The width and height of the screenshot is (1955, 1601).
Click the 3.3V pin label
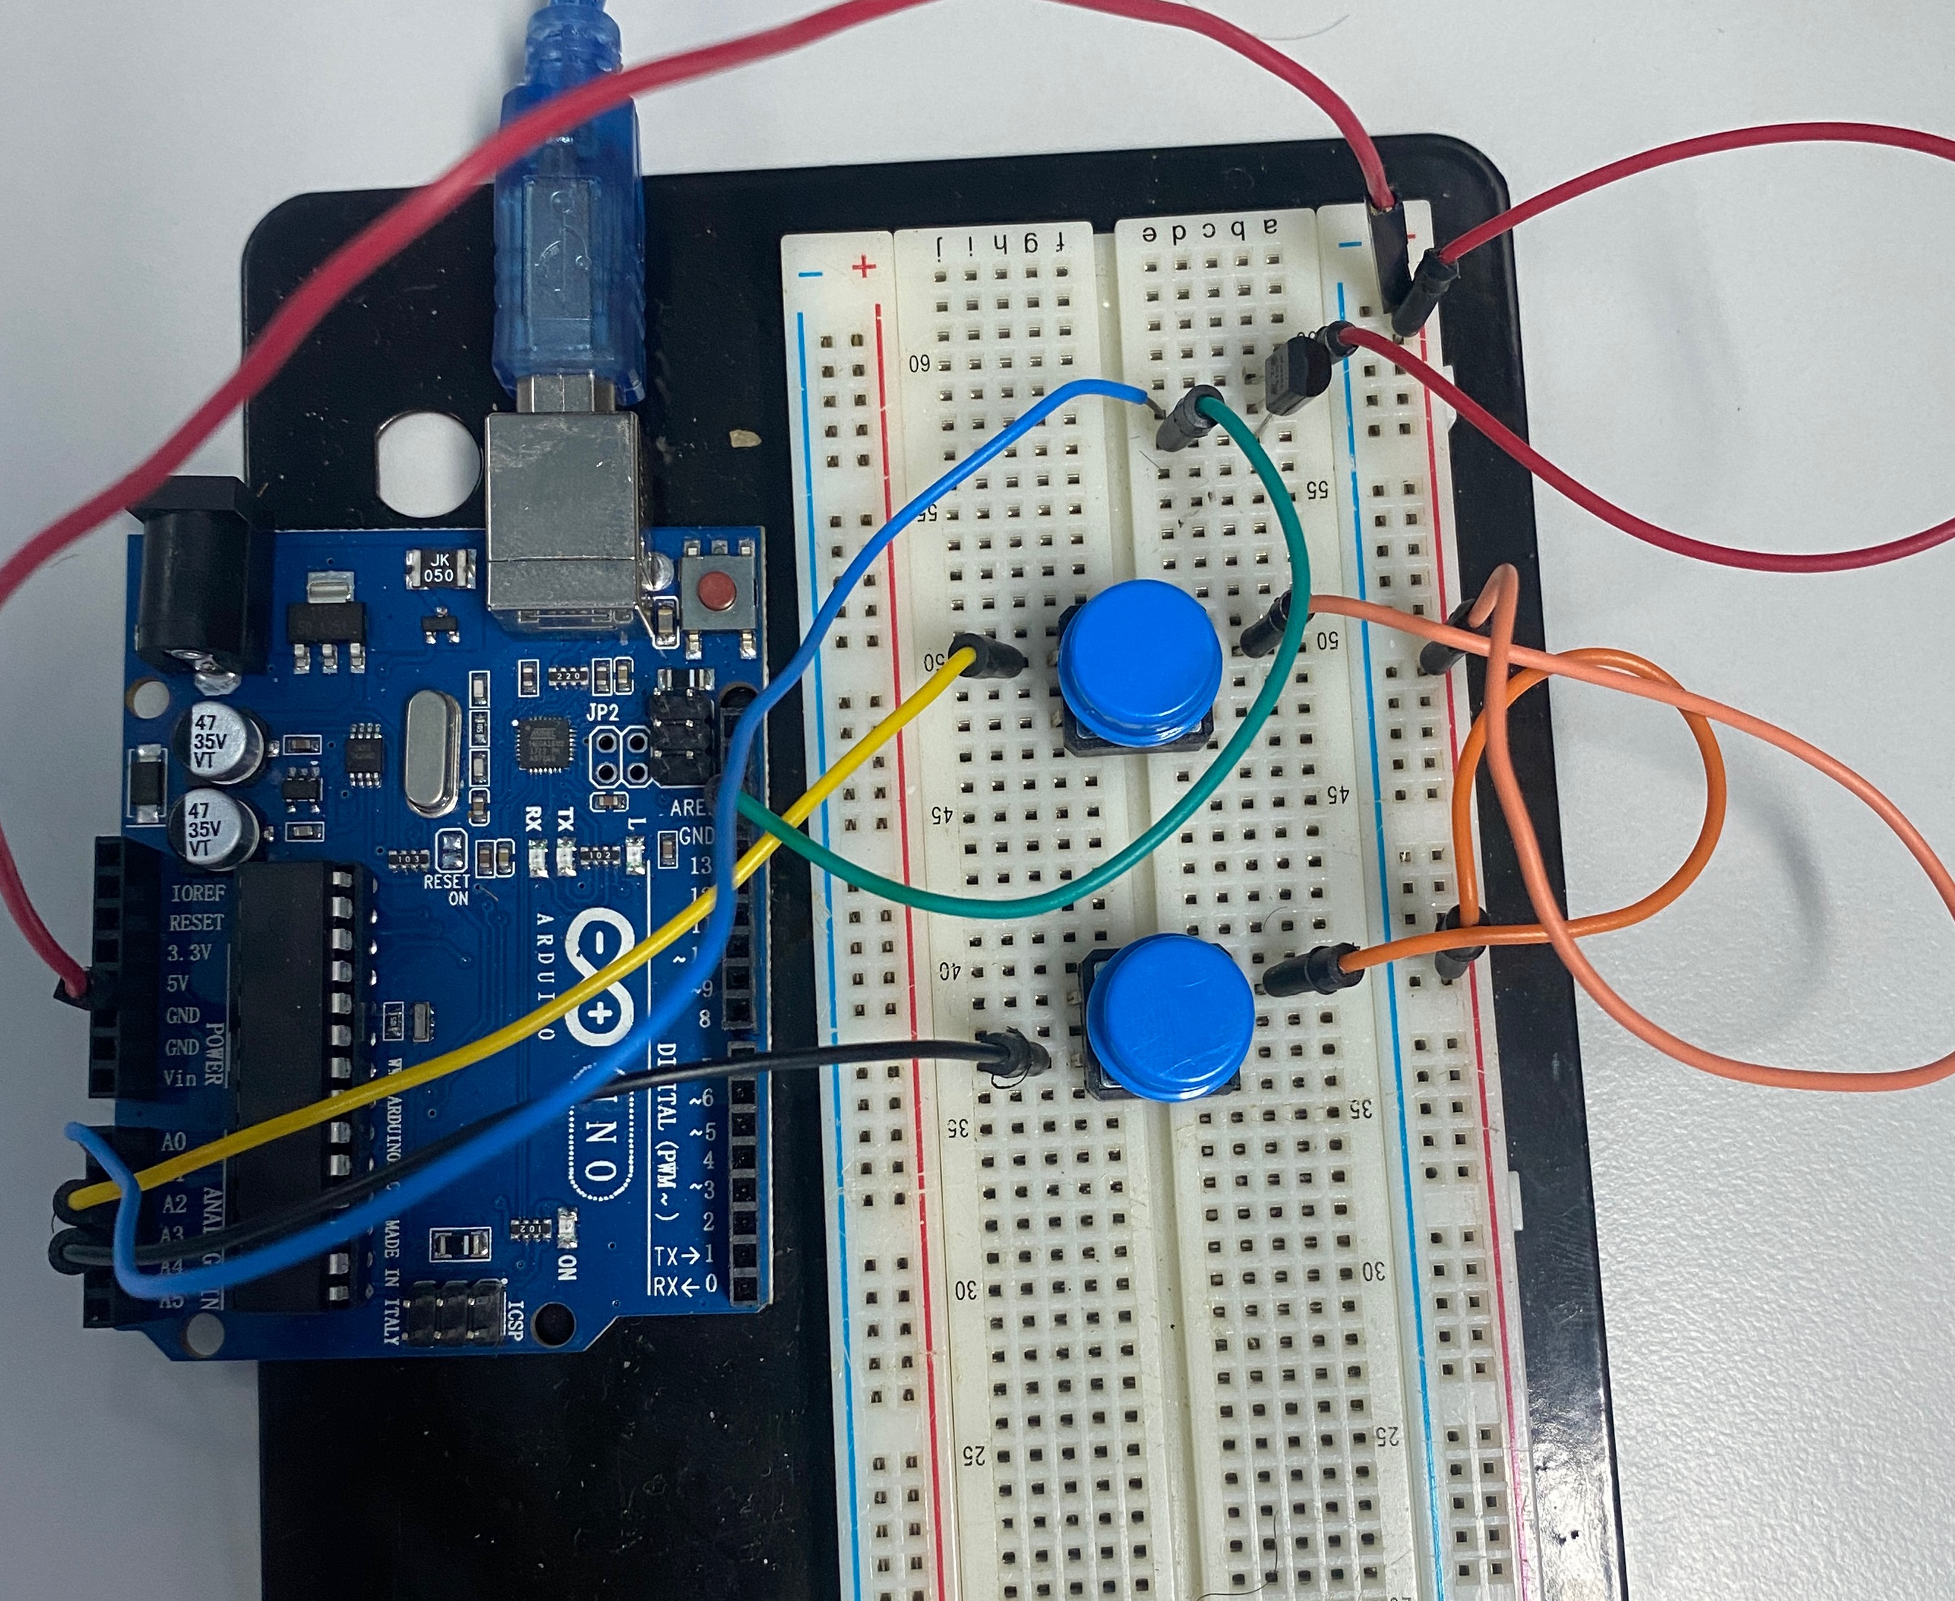[189, 953]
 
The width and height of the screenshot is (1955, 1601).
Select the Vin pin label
[181, 1076]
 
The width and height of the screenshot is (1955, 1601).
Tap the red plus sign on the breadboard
[864, 268]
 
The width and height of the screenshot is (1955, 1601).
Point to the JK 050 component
[439, 567]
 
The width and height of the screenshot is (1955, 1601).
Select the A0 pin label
[174, 1142]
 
